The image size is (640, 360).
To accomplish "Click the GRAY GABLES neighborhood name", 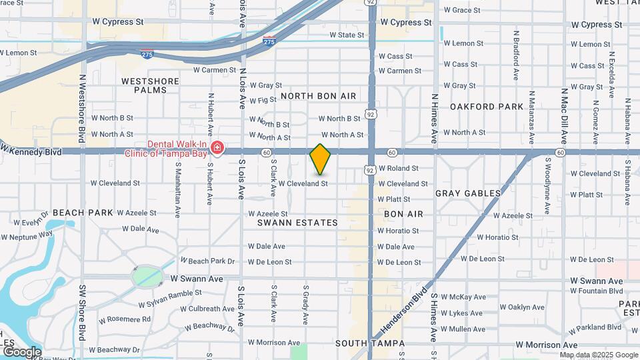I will [x=468, y=193].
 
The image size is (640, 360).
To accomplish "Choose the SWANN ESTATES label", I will [x=297, y=223].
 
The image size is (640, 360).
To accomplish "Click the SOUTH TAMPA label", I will [x=370, y=343].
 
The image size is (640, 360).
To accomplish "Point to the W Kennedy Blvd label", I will [x=32, y=151].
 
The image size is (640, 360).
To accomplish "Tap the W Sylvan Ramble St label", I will [x=170, y=299].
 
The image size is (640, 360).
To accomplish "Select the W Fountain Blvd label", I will [x=597, y=291].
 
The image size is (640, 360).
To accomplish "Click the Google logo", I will [x=21, y=352].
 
